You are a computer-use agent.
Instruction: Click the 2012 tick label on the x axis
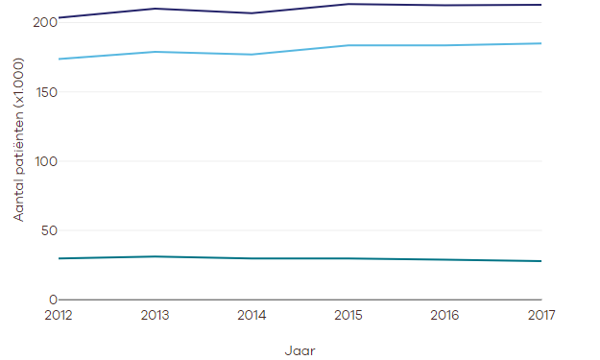(59, 314)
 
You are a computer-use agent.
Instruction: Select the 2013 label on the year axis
(156, 314)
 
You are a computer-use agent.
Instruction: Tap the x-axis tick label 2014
(252, 314)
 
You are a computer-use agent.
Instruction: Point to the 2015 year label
(348, 314)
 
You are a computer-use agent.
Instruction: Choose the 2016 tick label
(444, 314)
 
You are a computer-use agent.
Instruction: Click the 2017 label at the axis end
(540, 314)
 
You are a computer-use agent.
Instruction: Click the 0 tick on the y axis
(52, 300)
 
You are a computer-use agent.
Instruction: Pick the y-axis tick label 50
(47, 230)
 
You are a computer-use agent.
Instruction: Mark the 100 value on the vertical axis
(44, 161)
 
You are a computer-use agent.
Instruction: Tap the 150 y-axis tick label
(44, 92)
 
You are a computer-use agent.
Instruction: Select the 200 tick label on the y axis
(44, 23)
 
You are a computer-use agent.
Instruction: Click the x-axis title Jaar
(300, 350)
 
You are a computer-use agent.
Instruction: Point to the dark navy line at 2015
(348, 4)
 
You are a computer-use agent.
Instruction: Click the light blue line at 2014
(252, 54)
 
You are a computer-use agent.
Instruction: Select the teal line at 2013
(156, 256)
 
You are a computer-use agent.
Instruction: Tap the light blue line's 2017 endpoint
(540, 43)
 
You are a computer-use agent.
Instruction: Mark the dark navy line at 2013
(156, 9)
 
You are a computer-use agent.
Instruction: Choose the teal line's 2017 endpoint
(540, 261)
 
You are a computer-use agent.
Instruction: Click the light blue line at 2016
(444, 45)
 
